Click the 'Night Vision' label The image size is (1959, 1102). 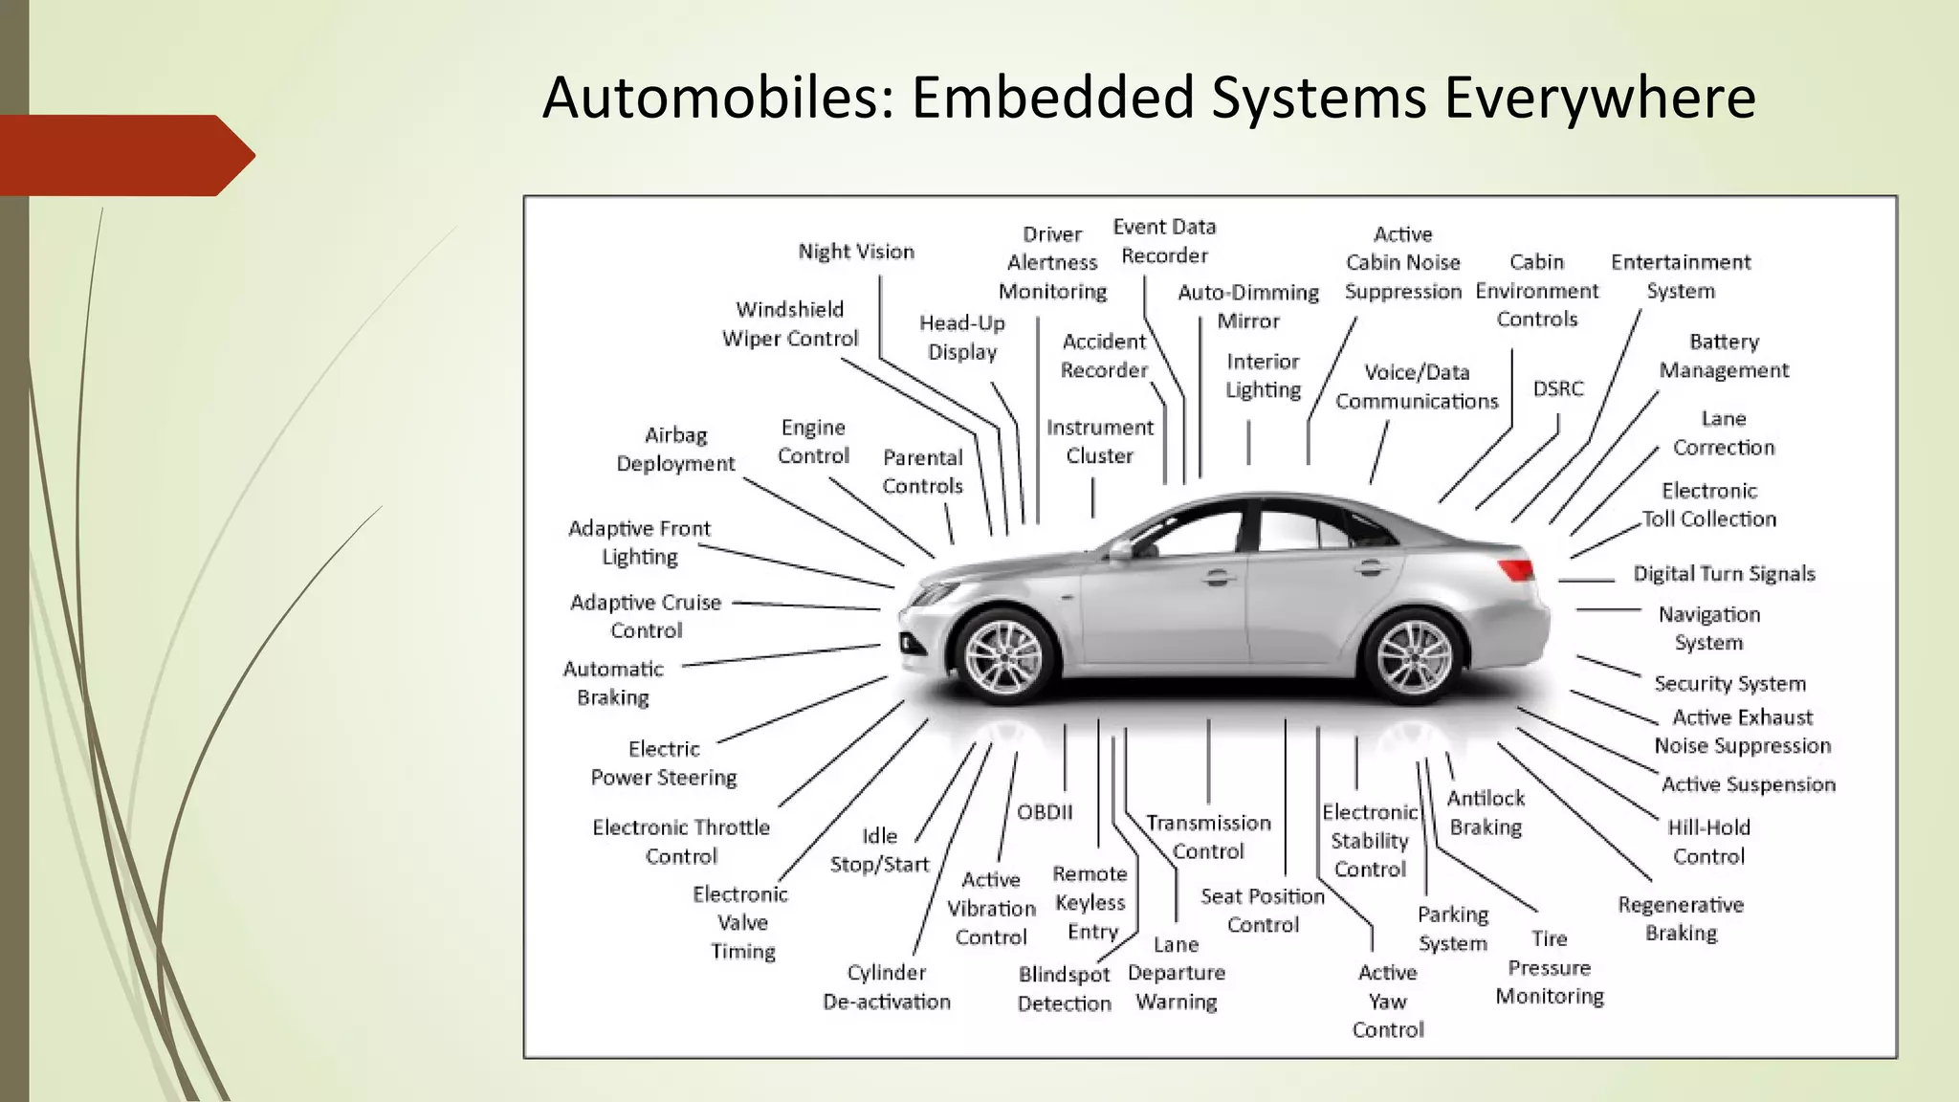click(856, 252)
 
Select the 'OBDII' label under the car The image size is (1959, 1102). click(1045, 812)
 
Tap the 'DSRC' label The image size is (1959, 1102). click(1558, 388)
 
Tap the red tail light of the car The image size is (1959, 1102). click(1516, 570)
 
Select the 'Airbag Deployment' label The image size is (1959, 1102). click(675, 449)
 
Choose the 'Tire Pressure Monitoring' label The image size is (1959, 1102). click(1549, 967)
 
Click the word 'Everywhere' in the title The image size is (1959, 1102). click(1599, 98)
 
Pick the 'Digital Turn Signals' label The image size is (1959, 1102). click(1724, 574)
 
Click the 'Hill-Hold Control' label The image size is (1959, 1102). click(1708, 842)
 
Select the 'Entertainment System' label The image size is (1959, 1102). click(1681, 275)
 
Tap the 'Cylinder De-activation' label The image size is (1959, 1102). click(887, 987)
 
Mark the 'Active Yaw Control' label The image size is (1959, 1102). click(1387, 1001)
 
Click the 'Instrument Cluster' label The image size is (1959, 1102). click(1099, 441)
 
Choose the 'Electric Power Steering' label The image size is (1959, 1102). click(664, 762)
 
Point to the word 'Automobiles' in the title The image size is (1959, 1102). click(717, 98)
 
